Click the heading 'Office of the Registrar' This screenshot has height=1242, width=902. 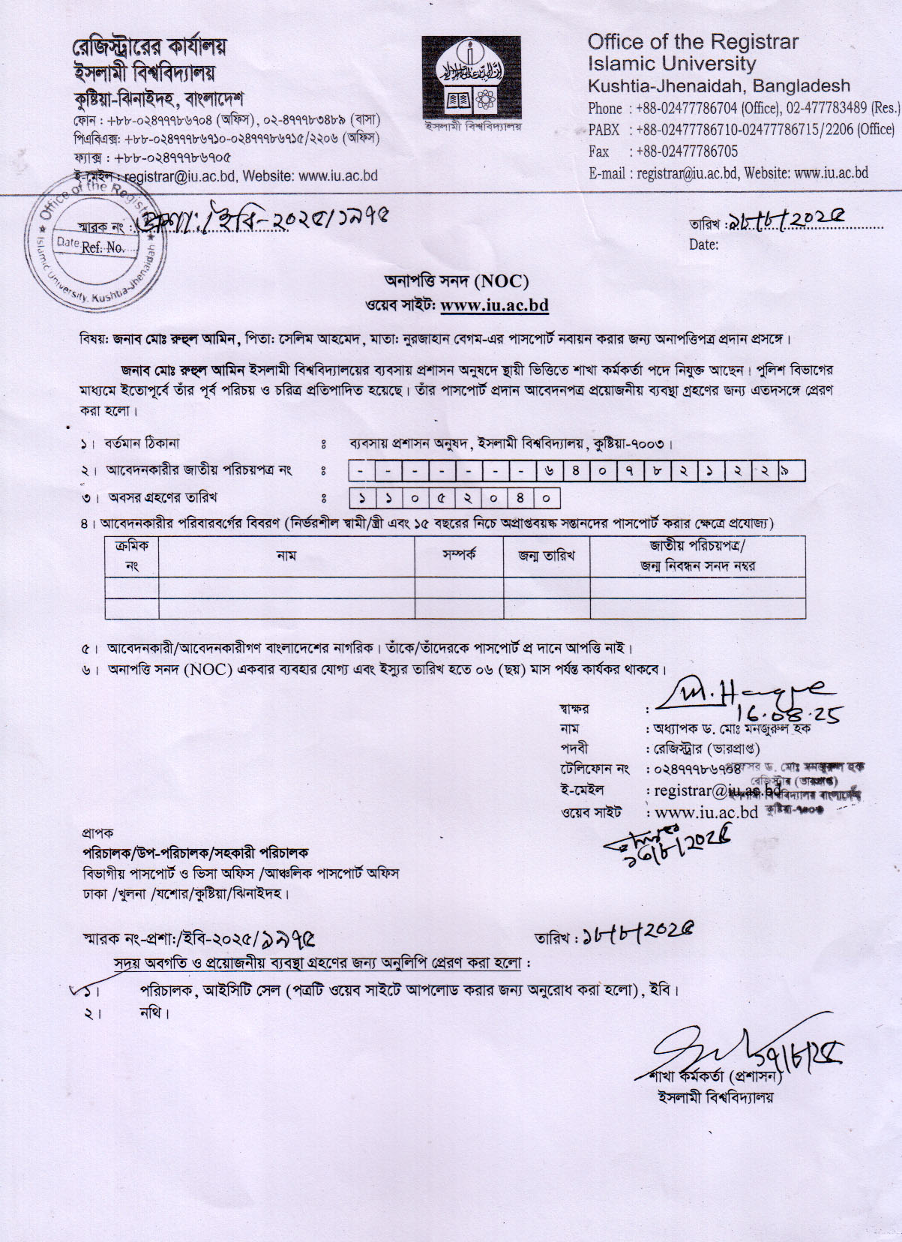pos(693,42)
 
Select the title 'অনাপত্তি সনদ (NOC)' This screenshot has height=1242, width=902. pos(457,281)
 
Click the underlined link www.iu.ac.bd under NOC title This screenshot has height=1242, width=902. pos(494,305)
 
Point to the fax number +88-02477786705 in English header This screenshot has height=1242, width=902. pos(687,151)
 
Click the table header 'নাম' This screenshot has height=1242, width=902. pos(286,556)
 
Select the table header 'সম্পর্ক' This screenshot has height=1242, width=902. pos(459,556)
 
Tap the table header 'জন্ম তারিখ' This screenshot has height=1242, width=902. pos(547,556)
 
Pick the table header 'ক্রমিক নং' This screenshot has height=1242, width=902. pos(132,556)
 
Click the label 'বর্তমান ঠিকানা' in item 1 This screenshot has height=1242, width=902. pos(142,444)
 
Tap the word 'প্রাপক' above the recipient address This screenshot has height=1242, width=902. pos(97,832)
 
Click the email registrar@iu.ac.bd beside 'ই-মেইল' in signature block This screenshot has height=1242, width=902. pos(716,790)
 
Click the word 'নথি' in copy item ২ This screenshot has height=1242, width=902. pos(154,1013)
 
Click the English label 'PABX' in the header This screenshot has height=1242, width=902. pos(604,130)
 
